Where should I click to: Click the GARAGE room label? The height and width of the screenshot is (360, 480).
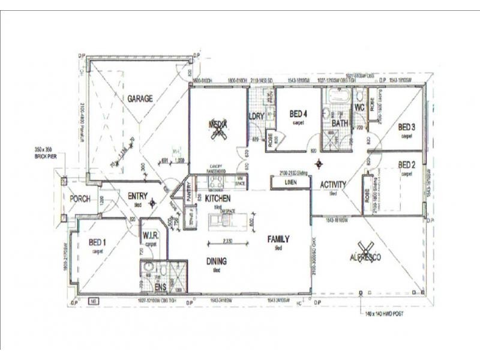pyautogui.click(x=139, y=98)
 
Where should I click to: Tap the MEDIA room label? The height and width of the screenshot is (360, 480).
pyautogui.click(x=217, y=124)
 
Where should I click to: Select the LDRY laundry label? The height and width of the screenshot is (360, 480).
pyautogui.click(x=257, y=116)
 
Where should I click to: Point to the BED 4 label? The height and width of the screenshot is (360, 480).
pyautogui.click(x=298, y=113)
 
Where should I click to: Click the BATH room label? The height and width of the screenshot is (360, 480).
pyautogui.click(x=340, y=124)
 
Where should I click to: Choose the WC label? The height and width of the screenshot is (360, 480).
pyautogui.click(x=360, y=107)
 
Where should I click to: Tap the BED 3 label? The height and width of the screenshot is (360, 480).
pyautogui.click(x=407, y=127)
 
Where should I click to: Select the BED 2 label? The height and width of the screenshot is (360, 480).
pyautogui.click(x=407, y=164)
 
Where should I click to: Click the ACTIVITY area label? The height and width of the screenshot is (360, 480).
pyautogui.click(x=333, y=185)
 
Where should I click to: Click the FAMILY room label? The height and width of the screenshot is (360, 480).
pyautogui.click(x=278, y=239)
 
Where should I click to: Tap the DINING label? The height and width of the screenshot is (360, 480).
pyautogui.click(x=216, y=262)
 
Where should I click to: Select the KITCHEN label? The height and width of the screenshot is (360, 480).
pyautogui.click(x=218, y=198)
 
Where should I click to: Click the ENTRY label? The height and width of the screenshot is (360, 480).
pyautogui.click(x=138, y=195)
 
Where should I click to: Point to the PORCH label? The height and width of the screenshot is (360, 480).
pyautogui.click(x=80, y=199)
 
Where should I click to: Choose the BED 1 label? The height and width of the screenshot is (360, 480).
pyautogui.click(x=97, y=242)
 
